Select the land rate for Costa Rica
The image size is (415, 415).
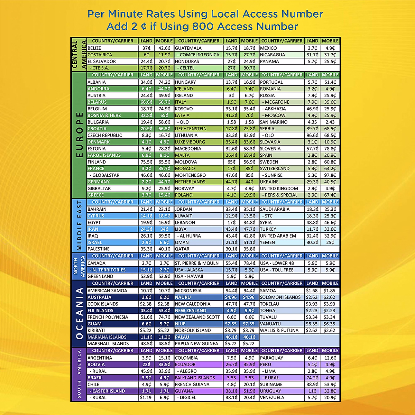(146, 55)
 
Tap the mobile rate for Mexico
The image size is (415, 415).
(330, 48)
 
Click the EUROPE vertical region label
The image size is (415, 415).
(79, 135)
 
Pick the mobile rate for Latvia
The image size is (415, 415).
(249, 116)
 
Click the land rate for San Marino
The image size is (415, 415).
(312, 122)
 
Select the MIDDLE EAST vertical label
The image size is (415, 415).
(79, 225)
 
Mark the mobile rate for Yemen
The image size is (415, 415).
(330, 242)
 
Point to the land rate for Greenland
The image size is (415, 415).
(146, 276)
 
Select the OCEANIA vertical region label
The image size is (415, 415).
(79, 313)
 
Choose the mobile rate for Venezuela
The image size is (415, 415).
(330, 397)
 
